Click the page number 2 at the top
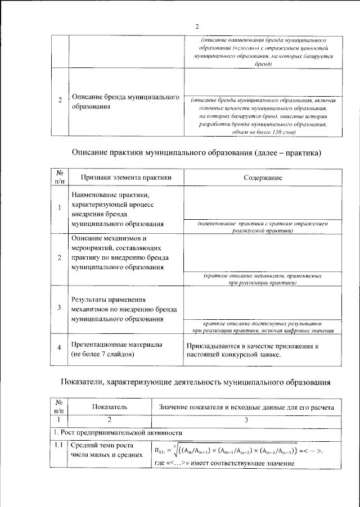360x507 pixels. point(197,26)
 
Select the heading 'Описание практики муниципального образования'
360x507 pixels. point(197,153)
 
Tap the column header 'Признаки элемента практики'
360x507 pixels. point(125,177)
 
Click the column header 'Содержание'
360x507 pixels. point(263,177)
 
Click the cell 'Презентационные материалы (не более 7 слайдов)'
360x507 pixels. point(117,349)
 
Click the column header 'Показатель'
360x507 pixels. point(110,406)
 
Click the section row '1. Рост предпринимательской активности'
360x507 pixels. point(119,433)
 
